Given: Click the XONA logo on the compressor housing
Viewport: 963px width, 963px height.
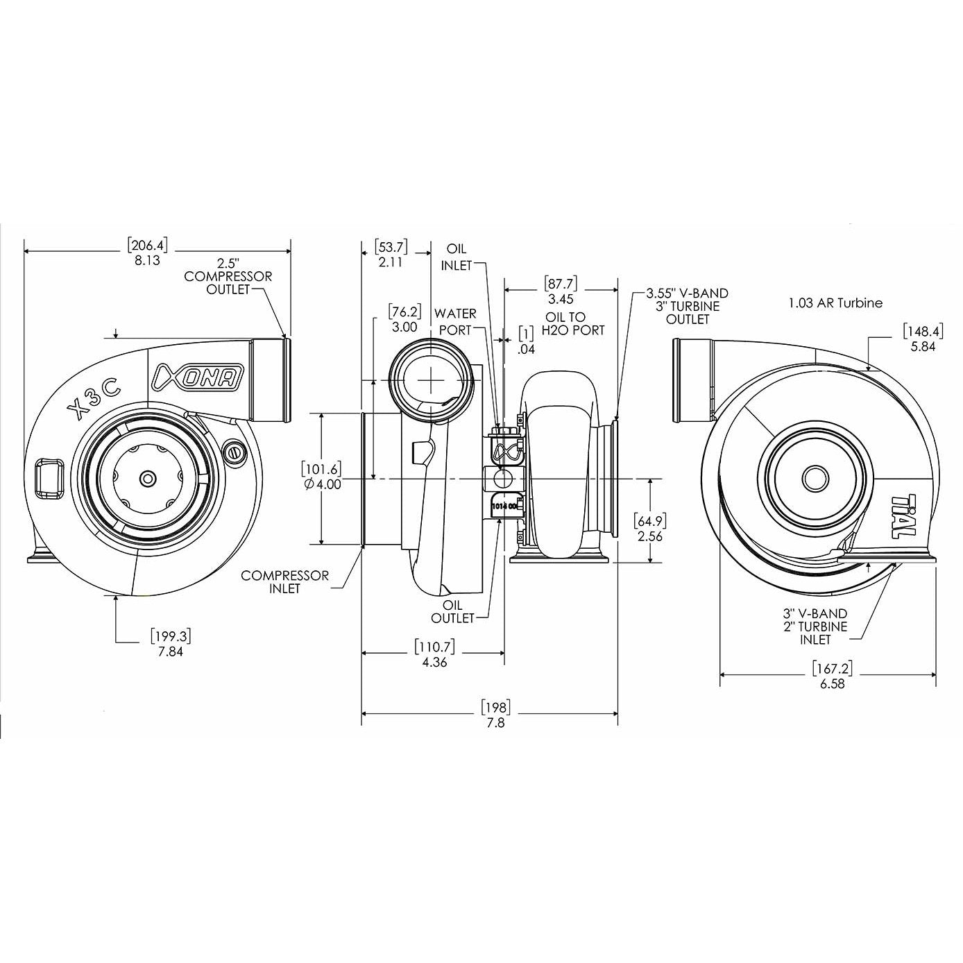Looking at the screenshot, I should (x=197, y=376).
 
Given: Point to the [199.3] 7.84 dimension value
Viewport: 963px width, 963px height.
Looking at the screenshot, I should (x=170, y=643).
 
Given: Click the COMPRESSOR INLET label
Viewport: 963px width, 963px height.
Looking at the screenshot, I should (x=284, y=581).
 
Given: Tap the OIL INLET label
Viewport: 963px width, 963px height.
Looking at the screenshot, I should (x=457, y=257).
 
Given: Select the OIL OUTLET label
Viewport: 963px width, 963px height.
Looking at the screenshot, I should (x=453, y=611).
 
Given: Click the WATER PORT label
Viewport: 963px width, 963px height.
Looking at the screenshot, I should (x=456, y=322).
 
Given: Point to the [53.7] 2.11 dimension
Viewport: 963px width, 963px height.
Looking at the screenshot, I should (x=390, y=254).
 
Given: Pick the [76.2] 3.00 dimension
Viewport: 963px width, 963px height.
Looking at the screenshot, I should (x=404, y=319).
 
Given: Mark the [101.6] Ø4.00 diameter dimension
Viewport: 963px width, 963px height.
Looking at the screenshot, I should (x=322, y=477).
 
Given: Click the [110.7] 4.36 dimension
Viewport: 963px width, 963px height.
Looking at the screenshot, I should (x=434, y=654).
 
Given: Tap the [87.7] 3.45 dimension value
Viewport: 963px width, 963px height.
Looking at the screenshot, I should (x=561, y=292).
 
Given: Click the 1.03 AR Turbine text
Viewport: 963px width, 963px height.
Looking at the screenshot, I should (x=835, y=302).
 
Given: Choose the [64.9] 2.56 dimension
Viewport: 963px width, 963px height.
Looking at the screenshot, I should (x=649, y=528).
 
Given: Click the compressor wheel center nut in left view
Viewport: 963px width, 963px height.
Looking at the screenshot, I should (x=147, y=479).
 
